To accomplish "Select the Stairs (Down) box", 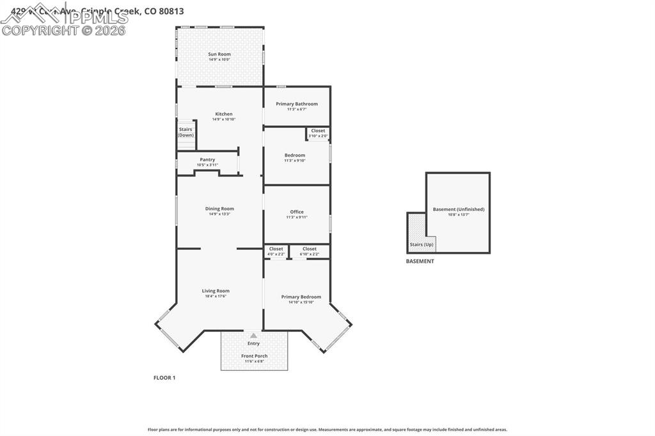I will [x=185, y=132].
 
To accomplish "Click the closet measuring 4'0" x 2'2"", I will [x=276, y=251].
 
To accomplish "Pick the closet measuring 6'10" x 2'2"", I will [x=309, y=251].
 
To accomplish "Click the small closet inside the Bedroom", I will [x=318, y=133].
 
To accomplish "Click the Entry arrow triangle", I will [x=254, y=335].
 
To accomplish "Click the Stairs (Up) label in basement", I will [x=422, y=244].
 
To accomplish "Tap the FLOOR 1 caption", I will [x=164, y=378].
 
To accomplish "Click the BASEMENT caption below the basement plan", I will [x=420, y=261].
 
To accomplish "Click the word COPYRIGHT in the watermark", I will [x=40, y=30].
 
